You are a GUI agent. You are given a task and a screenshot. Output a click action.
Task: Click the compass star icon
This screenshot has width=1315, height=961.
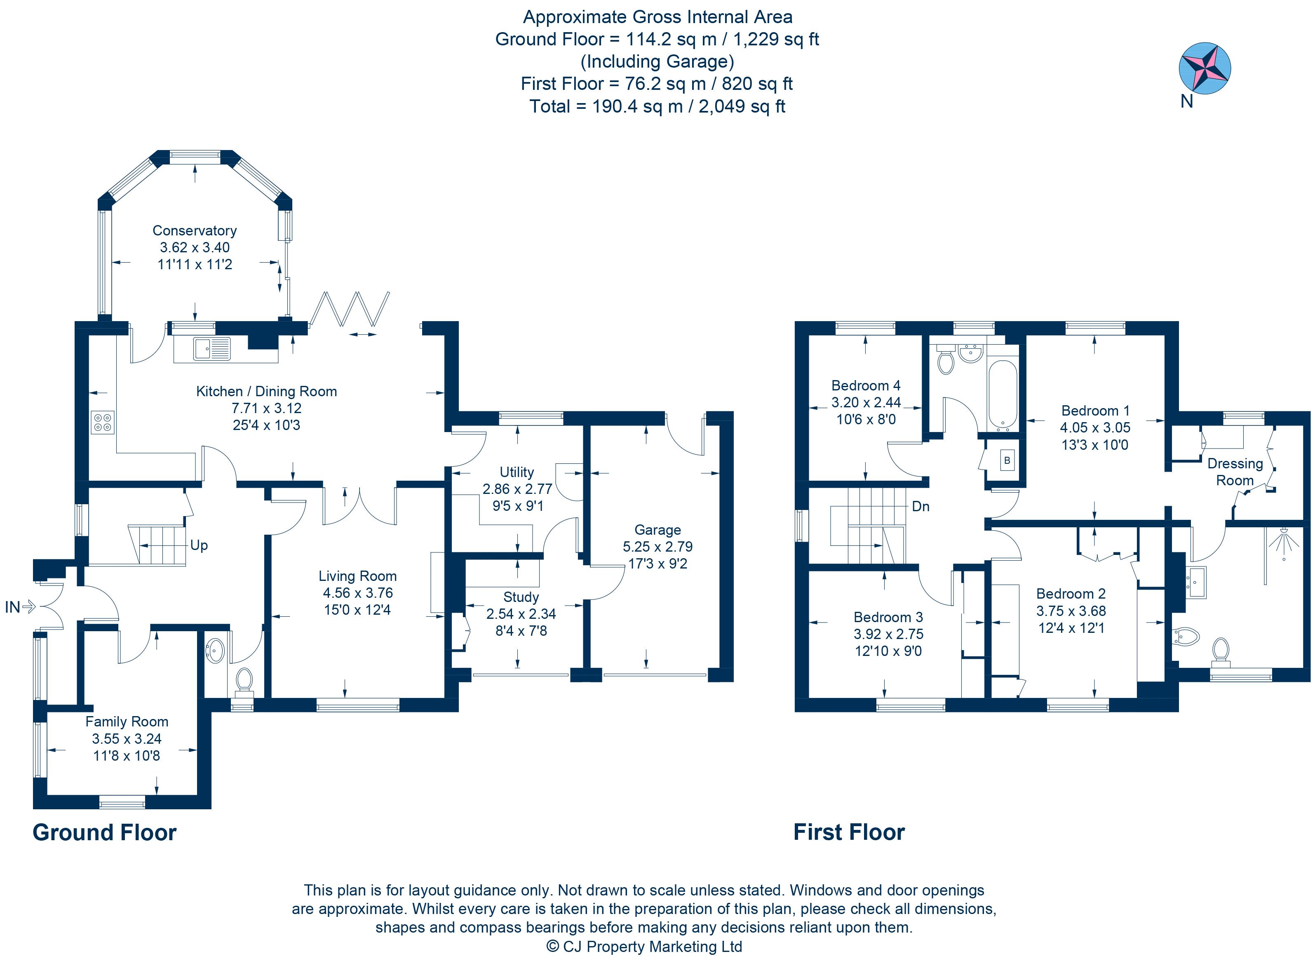[1205, 68]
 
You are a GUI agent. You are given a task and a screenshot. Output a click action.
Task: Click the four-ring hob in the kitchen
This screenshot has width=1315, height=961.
[102, 422]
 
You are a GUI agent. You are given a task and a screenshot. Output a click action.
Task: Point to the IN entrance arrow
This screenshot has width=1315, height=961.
[28, 607]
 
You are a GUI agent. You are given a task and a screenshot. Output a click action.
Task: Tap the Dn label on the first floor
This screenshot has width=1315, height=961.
[920, 507]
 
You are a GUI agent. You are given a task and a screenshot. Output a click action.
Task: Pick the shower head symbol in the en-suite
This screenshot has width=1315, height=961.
[1283, 542]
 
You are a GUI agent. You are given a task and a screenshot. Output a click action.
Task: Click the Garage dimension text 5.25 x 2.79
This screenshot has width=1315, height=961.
[657, 547]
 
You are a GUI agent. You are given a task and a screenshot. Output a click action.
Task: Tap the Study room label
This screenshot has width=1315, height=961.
[521, 597]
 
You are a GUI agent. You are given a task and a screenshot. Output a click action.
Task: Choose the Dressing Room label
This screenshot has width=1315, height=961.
[1235, 472]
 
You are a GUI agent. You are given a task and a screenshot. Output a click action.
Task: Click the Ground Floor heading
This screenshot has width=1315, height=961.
[105, 832]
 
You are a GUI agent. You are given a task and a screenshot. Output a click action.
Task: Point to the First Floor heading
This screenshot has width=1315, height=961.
[849, 832]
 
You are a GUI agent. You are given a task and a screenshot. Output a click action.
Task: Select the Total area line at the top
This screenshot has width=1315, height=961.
[657, 106]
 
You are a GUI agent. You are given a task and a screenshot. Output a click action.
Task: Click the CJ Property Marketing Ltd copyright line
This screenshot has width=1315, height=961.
[644, 947]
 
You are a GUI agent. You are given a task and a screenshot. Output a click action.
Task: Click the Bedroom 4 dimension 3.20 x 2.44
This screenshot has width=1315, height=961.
[866, 402]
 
